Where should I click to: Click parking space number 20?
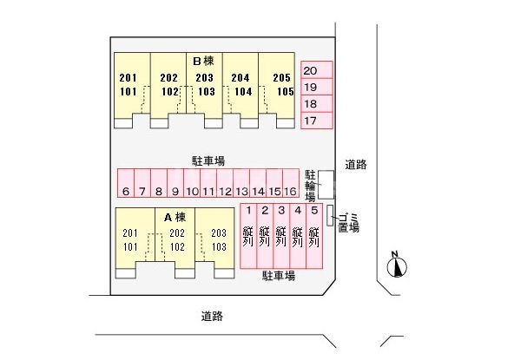[317, 69]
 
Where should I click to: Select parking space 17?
[317, 121]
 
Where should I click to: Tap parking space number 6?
[126, 183]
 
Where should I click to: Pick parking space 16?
[291, 183]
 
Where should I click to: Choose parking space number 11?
[208, 183]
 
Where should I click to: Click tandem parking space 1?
[248, 236]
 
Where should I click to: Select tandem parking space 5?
[314, 236]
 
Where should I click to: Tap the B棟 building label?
[203, 61]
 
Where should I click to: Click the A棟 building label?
[175, 217]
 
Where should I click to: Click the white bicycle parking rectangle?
[326, 185]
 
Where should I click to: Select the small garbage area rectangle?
[330, 215]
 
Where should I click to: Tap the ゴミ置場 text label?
[348, 223]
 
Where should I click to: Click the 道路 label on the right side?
[356, 165]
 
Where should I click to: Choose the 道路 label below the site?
[212, 316]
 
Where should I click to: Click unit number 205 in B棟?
[281, 77]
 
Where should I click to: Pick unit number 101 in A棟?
[130, 246]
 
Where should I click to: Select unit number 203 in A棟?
[219, 232]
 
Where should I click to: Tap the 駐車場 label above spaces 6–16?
[208, 160]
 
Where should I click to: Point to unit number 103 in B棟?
[207, 91]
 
